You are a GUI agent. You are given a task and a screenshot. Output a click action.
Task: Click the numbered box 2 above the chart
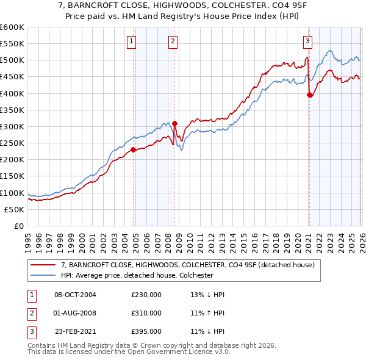coord(173,41)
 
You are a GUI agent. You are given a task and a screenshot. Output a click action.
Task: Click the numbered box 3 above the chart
coord(307,41)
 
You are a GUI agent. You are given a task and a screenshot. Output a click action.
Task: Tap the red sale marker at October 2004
coord(134,149)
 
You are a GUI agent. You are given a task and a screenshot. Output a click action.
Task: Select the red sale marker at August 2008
coord(175,123)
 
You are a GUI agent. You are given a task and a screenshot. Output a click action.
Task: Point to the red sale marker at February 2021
coord(310,95)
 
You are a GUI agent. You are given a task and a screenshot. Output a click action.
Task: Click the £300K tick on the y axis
coord(12,126)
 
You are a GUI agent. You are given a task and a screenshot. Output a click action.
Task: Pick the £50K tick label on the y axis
coord(14,209)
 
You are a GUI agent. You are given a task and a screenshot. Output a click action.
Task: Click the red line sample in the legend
coord(43,265)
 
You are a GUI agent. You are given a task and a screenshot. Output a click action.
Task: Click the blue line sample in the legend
coord(43,275)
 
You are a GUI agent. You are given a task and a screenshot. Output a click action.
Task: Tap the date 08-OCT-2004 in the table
coord(75,295)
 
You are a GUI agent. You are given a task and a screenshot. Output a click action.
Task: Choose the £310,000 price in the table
coord(146,313)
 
